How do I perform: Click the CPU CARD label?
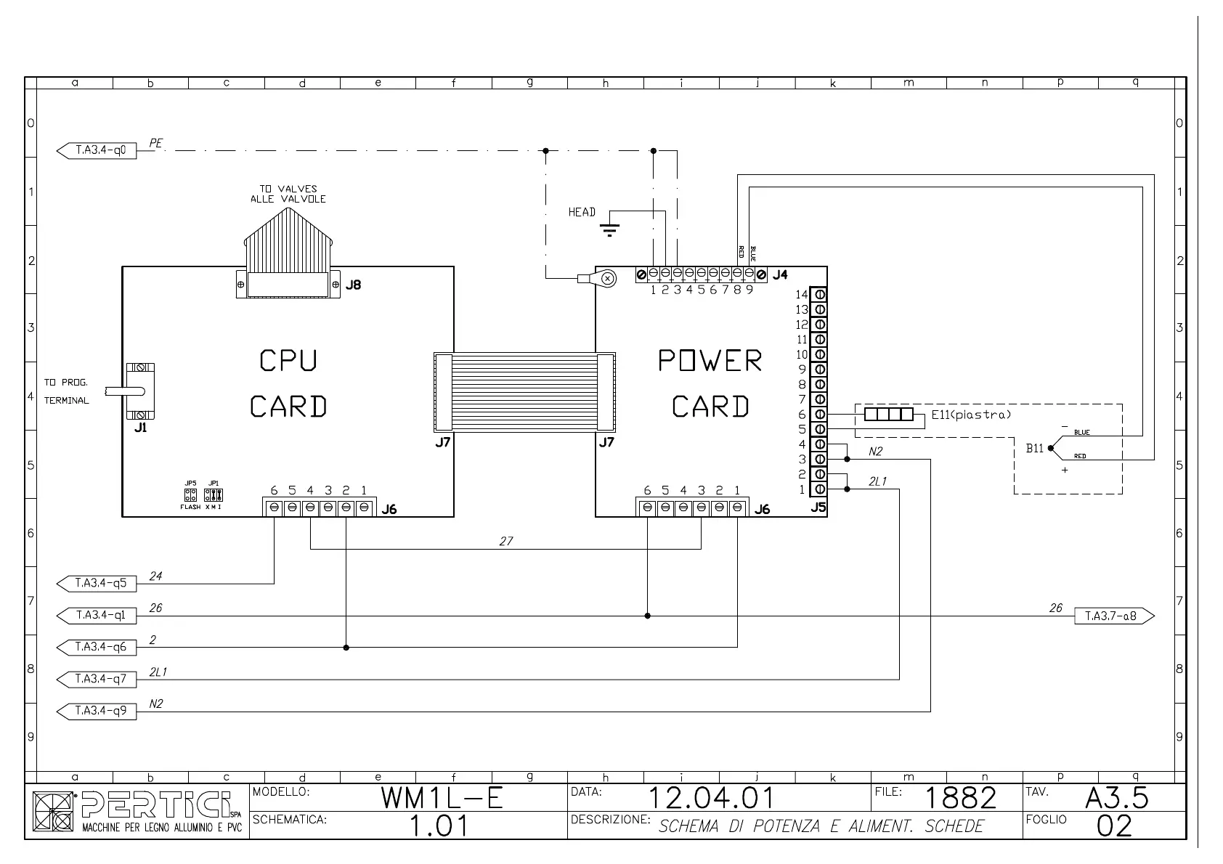point(288,383)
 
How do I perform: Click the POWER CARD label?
point(710,383)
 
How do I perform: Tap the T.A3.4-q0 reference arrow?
point(97,151)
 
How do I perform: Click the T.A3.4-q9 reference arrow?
point(97,710)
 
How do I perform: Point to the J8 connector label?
point(353,285)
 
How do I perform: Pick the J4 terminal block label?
point(779,275)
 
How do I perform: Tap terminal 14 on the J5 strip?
point(819,294)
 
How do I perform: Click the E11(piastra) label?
point(971,415)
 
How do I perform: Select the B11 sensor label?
point(1034,449)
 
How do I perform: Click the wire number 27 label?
point(506,542)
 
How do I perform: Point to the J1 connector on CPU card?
point(140,391)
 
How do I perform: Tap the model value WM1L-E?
point(442,798)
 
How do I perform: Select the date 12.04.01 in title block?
point(710,798)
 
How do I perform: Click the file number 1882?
point(960,798)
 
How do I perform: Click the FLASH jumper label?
point(190,507)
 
